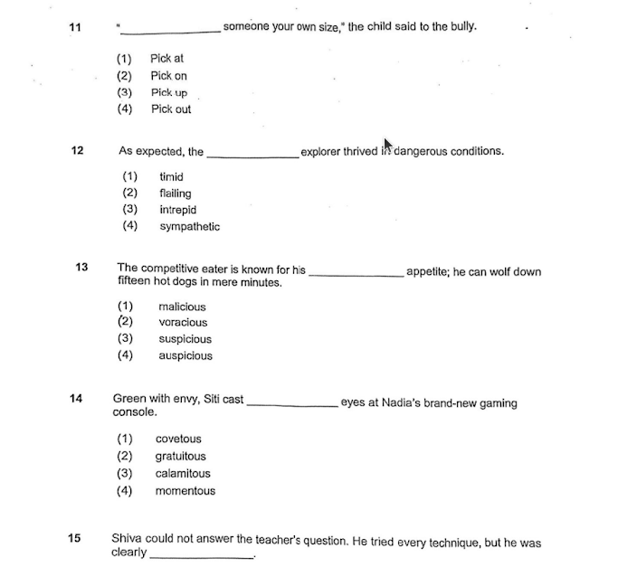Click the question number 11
(75, 27)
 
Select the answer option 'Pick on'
(168, 76)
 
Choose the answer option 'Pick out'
(171, 109)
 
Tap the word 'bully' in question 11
(461, 27)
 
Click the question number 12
(77, 151)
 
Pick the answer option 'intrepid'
(177, 210)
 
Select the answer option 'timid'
(171, 177)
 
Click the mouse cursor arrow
(388, 145)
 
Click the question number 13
(82, 268)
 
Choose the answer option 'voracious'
(183, 323)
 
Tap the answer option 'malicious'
(182, 307)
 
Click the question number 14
(76, 398)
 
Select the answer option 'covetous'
(178, 439)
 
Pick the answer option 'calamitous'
(183, 474)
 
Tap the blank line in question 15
(202, 556)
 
